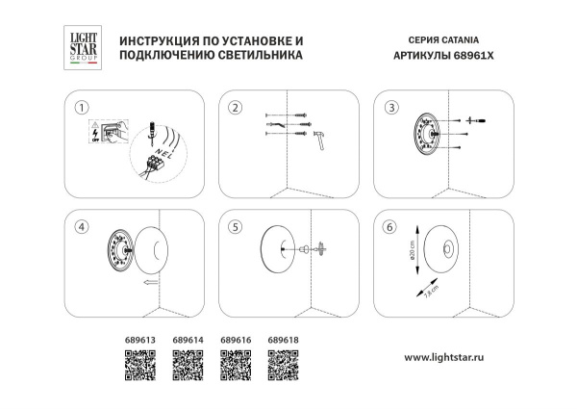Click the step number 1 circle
83,107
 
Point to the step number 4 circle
83,226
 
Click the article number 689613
139,340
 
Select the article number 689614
187,340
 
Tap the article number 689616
235,340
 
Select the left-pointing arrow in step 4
149,285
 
